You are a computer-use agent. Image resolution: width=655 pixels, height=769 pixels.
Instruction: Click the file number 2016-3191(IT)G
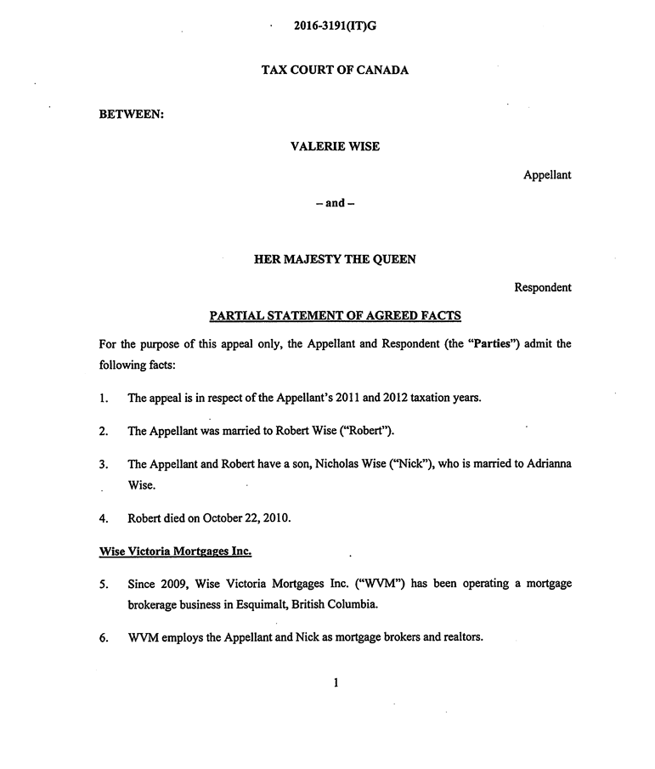(x=335, y=25)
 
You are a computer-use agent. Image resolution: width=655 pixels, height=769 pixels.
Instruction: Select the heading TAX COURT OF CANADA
(x=335, y=70)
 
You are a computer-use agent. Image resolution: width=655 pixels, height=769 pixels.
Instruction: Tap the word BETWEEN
(x=131, y=114)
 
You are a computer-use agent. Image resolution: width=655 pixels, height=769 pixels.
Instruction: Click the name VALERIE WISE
(x=335, y=146)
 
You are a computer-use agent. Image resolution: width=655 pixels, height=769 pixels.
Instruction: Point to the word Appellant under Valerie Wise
(x=547, y=175)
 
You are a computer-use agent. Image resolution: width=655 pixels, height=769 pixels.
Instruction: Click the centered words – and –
(x=335, y=203)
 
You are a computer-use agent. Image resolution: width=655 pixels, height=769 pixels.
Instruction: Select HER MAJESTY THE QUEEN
(x=335, y=259)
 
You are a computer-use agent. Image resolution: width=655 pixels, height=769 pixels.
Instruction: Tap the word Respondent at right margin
(x=543, y=287)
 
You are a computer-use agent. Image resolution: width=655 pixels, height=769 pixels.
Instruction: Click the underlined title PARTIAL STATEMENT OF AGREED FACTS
(x=335, y=316)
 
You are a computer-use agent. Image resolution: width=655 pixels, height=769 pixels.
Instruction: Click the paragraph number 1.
(x=103, y=398)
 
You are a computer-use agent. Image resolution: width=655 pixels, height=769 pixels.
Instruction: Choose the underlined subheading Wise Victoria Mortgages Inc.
(x=175, y=551)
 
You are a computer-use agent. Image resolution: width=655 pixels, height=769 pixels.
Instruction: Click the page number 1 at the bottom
(x=336, y=681)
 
